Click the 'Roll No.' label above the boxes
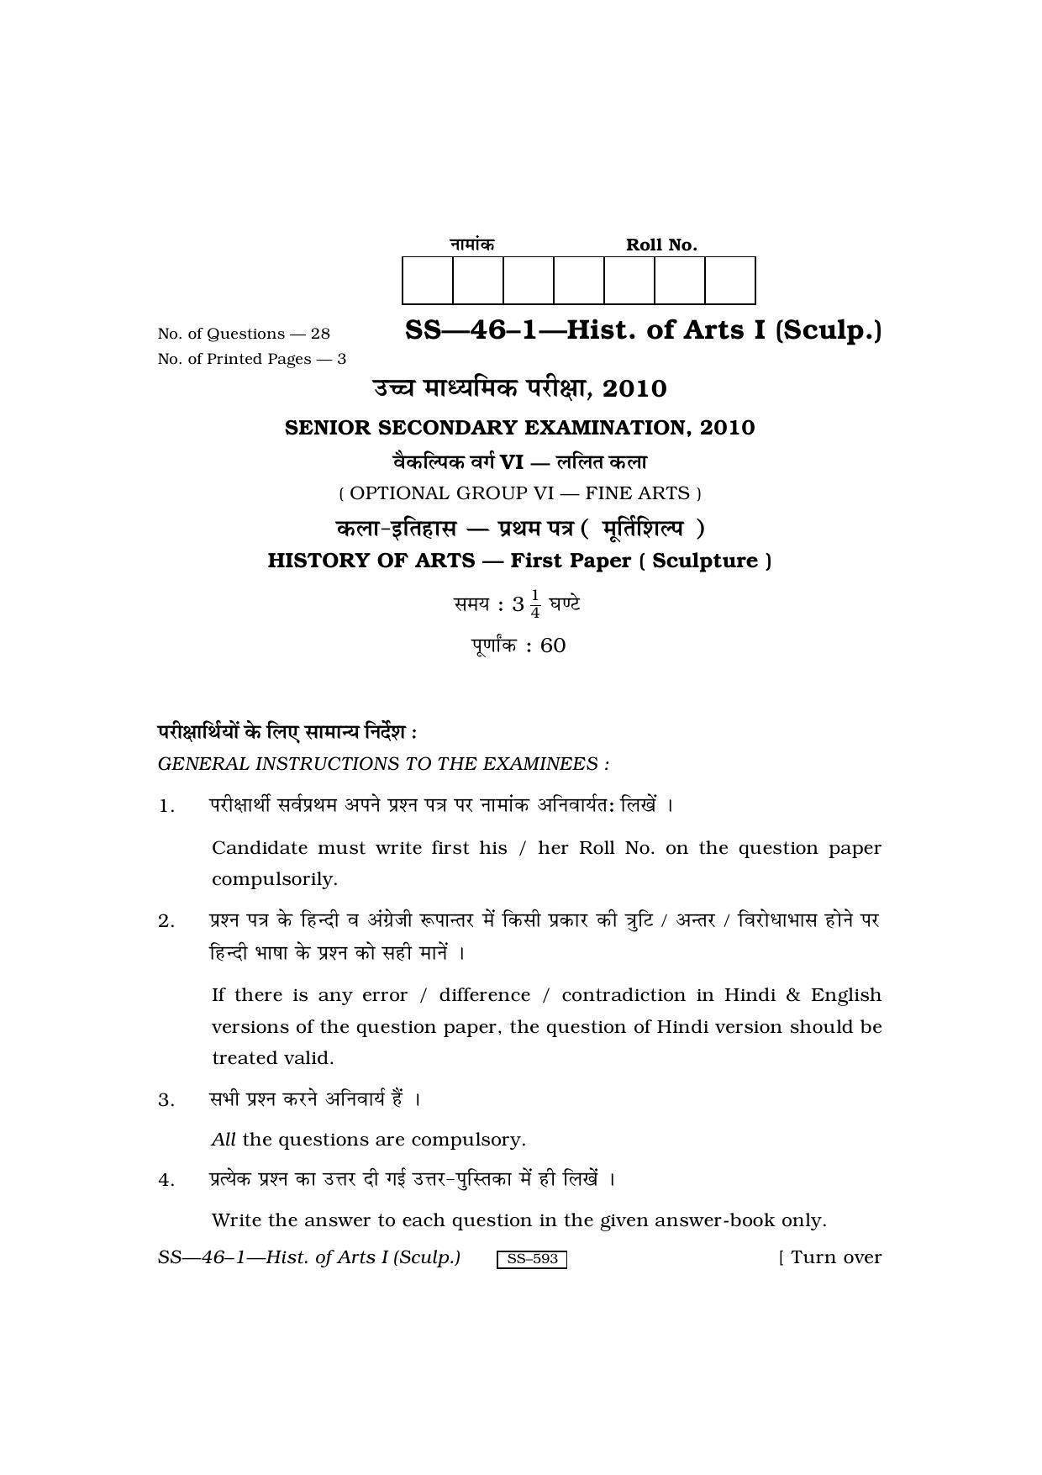coord(661,245)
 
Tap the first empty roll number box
coord(428,281)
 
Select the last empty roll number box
coord(729,281)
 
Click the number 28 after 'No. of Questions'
coord(320,334)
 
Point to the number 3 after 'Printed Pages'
coord(341,359)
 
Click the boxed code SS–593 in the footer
coord(532,1259)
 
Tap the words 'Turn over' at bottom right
coord(836,1257)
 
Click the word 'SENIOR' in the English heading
coord(328,428)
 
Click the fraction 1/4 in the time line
coord(535,604)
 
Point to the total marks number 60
coord(553,645)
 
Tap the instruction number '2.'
coord(166,921)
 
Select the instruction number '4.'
coord(166,1180)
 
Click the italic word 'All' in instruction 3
coord(224,1140)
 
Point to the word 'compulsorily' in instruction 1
coord(274,879)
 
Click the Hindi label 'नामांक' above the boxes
coord(471,244)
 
